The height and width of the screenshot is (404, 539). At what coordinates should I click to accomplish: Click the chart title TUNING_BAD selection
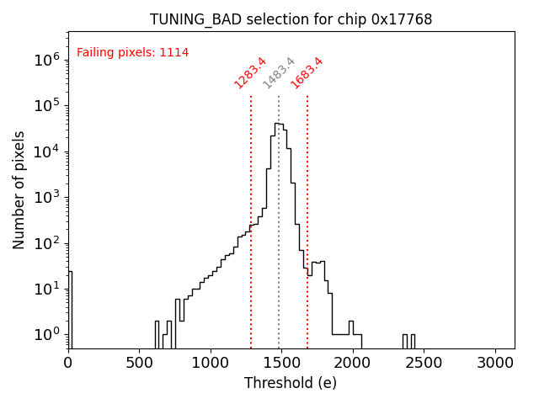coord(291,19)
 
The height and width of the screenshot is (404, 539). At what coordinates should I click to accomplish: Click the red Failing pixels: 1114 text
coord(132,52)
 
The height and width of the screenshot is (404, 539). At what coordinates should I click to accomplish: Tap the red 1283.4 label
coord(250,72)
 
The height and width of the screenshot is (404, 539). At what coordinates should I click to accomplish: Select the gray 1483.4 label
coord(279,72)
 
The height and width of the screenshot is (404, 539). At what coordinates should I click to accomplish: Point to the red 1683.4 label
coord(307,72)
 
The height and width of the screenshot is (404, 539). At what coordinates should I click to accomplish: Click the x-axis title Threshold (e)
coord(291,383)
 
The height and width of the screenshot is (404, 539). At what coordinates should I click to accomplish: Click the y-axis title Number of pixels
coord(19,189)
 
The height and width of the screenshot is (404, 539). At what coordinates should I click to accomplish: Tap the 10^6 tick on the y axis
coord(45,60)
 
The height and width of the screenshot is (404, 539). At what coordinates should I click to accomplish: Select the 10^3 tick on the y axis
coord(45,197)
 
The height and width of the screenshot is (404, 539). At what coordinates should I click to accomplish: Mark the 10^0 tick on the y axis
coord(45,334)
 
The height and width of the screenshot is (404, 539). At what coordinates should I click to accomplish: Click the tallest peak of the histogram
coord(276,124)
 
